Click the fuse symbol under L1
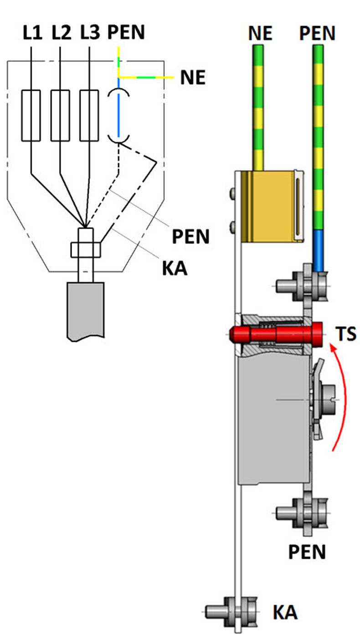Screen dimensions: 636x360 pos(31,115)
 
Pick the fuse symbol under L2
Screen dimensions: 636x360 pos(60,115)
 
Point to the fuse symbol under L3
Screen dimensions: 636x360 pos(89,115)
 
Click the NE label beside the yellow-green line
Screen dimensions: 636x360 pos(193,78)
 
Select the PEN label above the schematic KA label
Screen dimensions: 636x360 pos(191,237)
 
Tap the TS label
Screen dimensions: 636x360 pos(346,334)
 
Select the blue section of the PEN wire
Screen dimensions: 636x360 pos(318,250)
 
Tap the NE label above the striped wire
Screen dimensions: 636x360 pos(260,34)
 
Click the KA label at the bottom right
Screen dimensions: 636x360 pos(285,612)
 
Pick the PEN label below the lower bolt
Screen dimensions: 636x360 pos(307,552)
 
